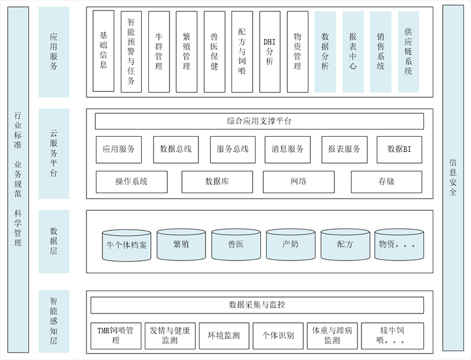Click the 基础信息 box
pyautogui.click(x=104, y=51)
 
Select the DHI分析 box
pyautogui.click(x=270, y=51)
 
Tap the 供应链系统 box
pyautogui.click(x=409, y=51)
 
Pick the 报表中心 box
pyautogui.click(x=353, y=51)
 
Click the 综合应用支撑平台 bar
pyautogui.click(x=259, y=121)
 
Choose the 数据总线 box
pyautogui.click(x=175, y=150)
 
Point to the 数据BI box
pyautogui.click(x=399, y=150)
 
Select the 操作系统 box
pyautogui.click(x=131, y=182)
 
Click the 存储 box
pyautogui.click(x=386, y=182)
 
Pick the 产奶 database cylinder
pyautogui.click(x=291, y=245)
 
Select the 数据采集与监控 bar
pyautogui.click(x=257, y=305)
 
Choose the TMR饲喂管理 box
pyautogui.click(x=115, y=335)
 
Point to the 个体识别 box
pyautogui.click(x=278, y=335)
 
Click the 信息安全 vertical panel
pyautogui.click(x=453, y=177)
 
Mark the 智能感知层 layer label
pyautogui.click(x=54, y=321)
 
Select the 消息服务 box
pyautogui.click(x=288, y=150)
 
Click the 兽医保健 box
pyautogui.click(x=214, y=51)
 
